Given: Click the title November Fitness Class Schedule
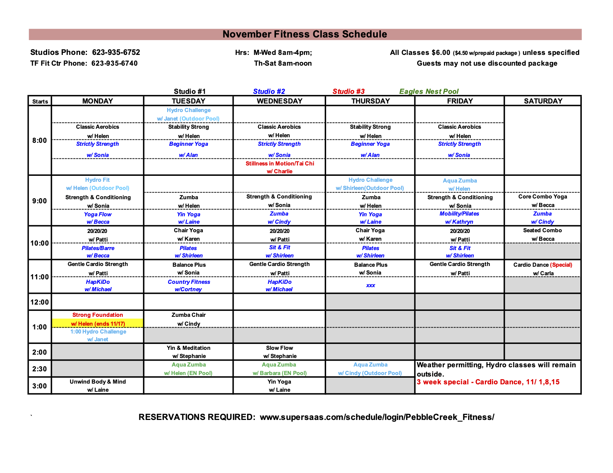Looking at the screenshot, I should (305, 35).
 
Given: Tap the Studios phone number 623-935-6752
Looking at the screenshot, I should (116, 52).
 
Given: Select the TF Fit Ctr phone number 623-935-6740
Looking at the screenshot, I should (114, 63).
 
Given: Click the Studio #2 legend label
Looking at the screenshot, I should (269, 92).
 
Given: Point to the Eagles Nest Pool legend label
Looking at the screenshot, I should (429, 92).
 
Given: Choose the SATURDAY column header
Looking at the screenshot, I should (543, 101).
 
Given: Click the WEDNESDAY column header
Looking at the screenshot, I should (279, 101).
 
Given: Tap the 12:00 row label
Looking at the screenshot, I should (39, 302).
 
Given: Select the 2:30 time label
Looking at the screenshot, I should (39, 369).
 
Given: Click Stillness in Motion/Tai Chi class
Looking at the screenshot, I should (280, 164).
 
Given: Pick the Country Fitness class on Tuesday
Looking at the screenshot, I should (189, 282).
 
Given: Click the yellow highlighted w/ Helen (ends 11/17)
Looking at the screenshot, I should (98, 323).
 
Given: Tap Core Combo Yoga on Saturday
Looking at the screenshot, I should (542, 197).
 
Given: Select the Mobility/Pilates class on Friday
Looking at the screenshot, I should (459, 214).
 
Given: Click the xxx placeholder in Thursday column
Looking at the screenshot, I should (370, 285).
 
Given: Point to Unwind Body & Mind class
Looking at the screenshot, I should (98, 382).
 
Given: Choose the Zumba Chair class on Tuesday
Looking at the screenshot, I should (188, 315).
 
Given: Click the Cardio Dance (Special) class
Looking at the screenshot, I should (542, 265).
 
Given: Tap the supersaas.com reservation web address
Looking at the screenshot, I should (377, 417).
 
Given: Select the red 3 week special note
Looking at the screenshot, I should (488, 382).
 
